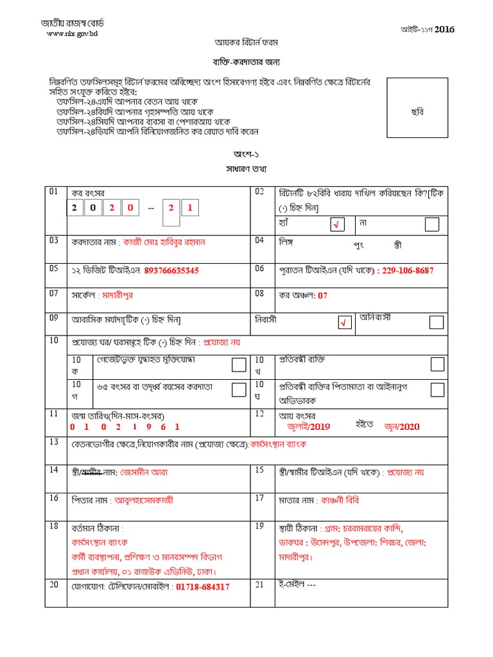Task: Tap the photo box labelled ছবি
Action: [417, 112]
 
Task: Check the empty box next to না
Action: [432, 223]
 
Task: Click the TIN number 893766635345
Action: [171, 271]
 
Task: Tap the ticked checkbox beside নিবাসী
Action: [345, 323]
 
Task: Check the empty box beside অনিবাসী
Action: [436, 321]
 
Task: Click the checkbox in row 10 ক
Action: [238, 365]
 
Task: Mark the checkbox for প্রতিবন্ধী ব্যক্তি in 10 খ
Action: [437, 364]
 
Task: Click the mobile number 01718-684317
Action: [202, 586]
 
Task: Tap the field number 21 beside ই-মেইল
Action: [260, 584]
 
